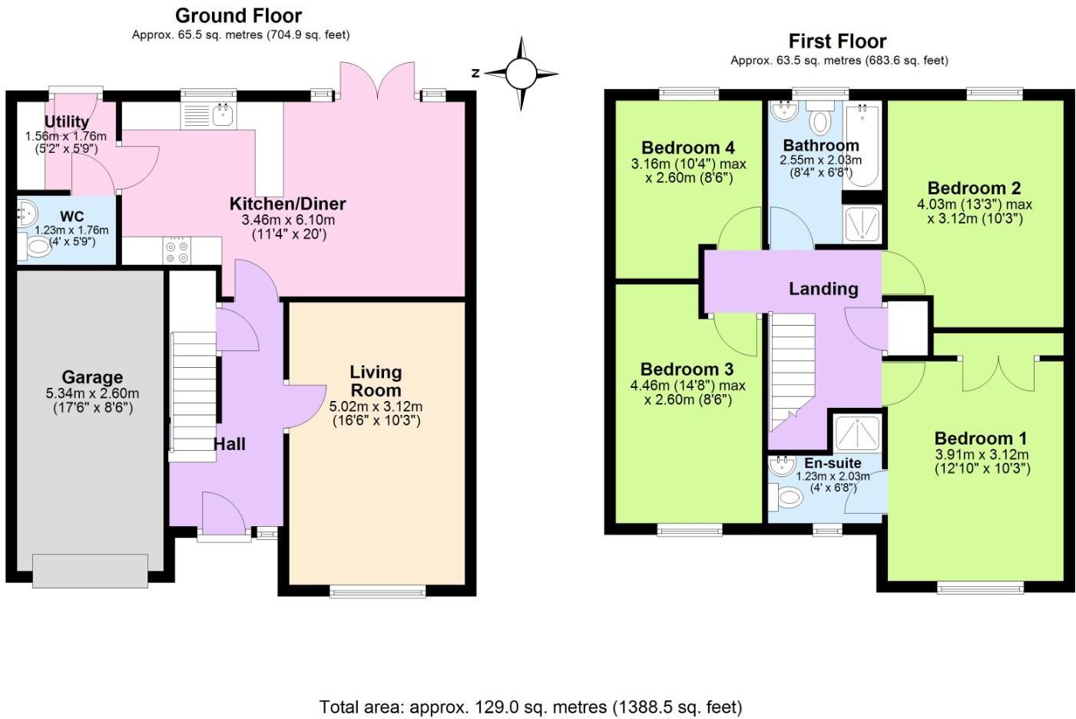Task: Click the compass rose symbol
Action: click(521, 74)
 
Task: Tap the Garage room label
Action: click(92, 377)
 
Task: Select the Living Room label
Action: click(376, 381)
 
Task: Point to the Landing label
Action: click(823, 289)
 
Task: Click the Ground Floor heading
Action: click(239, 15)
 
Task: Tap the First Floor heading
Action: click(837, 41)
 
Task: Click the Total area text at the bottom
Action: click(531, 706)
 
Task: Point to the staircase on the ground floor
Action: click(193, 396)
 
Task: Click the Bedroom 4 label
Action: click(688, 147)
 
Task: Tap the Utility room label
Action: click(67, 121)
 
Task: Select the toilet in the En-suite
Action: click(786, 497)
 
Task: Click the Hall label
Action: click(229, 444)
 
